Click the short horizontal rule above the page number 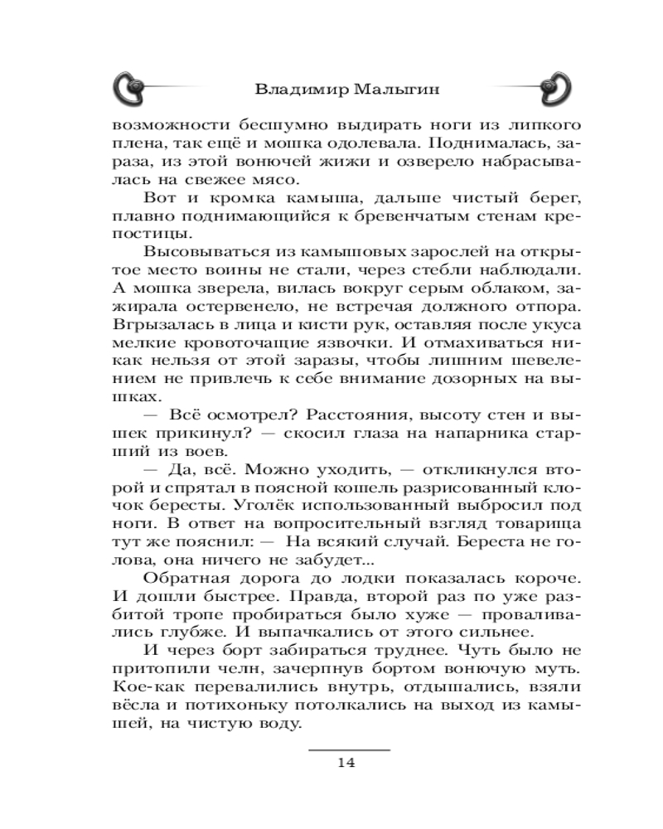click(348, 749)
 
